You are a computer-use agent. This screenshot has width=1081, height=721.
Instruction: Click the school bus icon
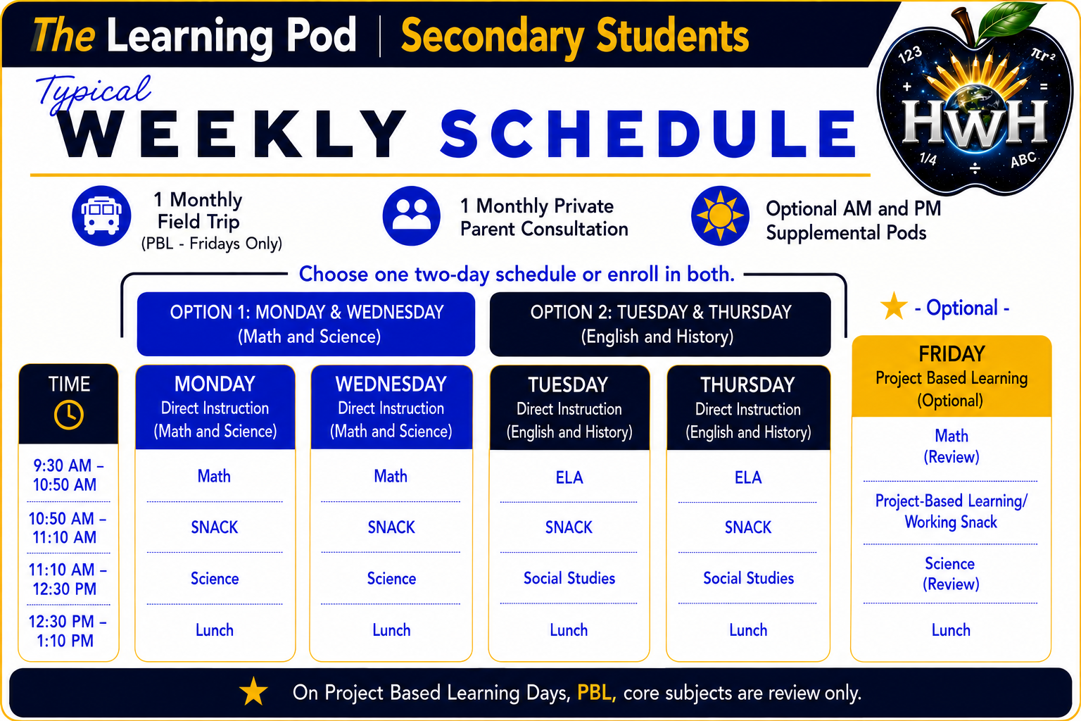(101, 216)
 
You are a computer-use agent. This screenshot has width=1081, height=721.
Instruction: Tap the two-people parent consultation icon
(411, 216)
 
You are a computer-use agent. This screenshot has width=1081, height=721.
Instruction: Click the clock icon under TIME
(68, 414)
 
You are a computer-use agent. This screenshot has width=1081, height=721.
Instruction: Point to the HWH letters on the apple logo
(974, 123)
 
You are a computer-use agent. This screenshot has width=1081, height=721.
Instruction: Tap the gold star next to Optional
(894, 306)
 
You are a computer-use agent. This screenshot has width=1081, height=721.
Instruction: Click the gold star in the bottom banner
(253, 691)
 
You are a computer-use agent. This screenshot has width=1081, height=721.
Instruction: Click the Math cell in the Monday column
(214, 476)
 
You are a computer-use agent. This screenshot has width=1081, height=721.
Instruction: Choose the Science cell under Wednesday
(391, 579)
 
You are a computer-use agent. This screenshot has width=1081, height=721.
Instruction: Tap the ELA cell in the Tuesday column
(569, 477)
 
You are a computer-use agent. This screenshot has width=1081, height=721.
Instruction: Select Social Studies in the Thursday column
(749, 578)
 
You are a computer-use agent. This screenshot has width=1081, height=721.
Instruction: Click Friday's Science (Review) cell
(950, 574)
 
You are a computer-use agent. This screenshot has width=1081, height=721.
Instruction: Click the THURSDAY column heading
(747, 385)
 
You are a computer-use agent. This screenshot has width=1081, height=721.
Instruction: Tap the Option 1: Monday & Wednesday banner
(306, 324)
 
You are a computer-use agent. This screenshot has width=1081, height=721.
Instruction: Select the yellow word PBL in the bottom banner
(597, 693)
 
